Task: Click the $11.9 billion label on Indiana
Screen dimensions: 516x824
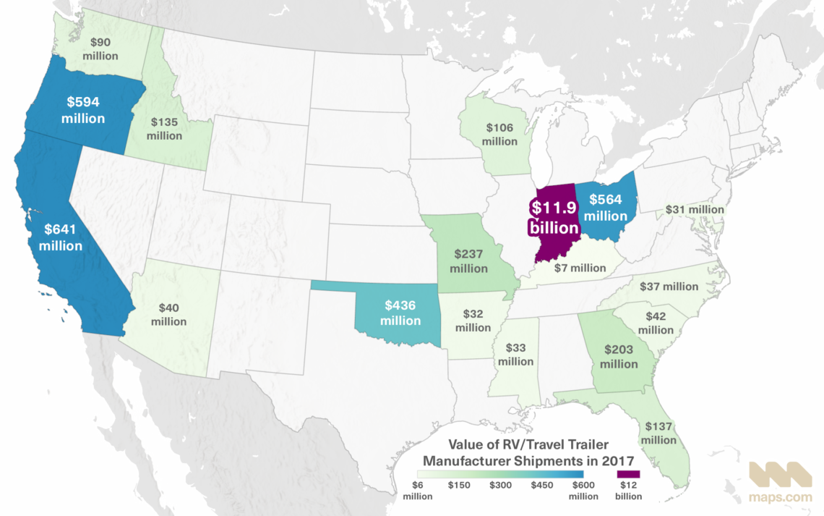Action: (x=555, y=215)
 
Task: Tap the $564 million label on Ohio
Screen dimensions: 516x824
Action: (x=606, y=208)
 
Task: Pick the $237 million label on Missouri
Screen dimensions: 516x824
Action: (x=468, y=261)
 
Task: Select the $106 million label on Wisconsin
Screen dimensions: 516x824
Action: (x=500, y=135)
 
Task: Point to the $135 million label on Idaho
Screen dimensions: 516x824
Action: (x=164, y=129)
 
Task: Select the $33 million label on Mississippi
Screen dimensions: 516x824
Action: (x=515, y=354)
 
